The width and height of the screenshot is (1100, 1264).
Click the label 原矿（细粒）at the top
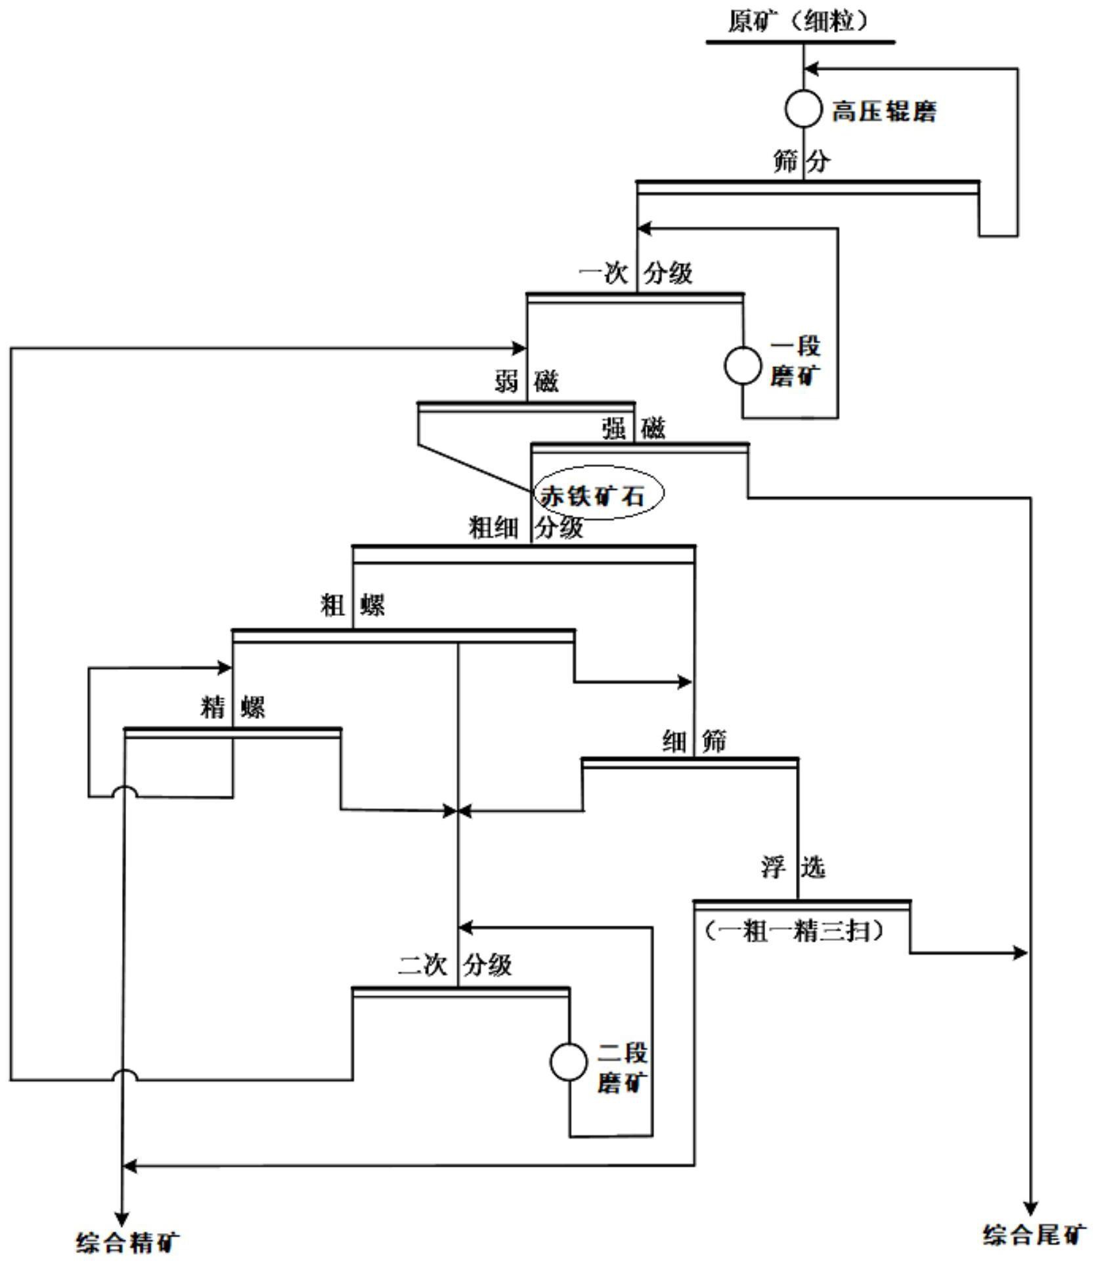(x=801, y=21)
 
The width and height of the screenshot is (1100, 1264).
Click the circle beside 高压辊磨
(x=803, y=108)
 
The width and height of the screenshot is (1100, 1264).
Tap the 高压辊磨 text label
(x=884, y=111)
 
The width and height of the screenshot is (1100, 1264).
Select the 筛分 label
(x=802, y=161)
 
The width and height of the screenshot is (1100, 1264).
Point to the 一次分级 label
(x=636, y=272)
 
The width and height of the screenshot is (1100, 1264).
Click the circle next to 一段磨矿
(x=743, y=365)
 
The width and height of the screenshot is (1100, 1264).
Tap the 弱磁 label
(x=527, y=381)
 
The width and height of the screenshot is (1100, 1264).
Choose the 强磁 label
(x=634, y=429)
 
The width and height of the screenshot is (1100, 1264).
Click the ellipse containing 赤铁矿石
(x=598, y=494)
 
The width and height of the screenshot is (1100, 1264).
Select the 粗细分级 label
(x=526, y=527)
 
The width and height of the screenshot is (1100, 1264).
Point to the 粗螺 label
(x=353, y=605)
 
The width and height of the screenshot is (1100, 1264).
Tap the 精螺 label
(x=232, y=708)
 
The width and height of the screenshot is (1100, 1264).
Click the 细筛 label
(x=694, y=741)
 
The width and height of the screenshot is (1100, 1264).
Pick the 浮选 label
(x=793, y=867)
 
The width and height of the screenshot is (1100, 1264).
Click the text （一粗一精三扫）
(x=795, y=930)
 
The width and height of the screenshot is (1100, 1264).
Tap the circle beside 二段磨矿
(x=569, y=1062)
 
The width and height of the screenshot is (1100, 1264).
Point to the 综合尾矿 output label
(x=1034, y=1234)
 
